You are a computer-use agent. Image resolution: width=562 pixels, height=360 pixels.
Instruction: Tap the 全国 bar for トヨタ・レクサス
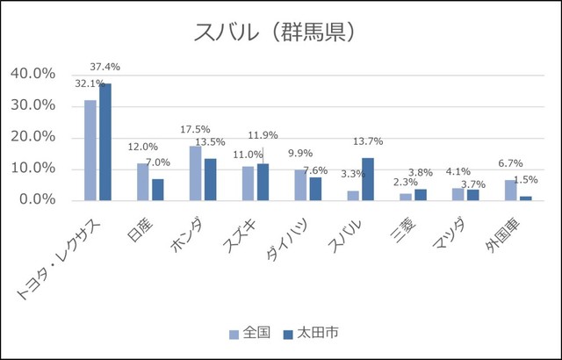pyautogui.click(x=90, y=150)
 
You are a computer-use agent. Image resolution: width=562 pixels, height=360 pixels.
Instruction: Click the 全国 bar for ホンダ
pyautogui.click(x=196, y=173)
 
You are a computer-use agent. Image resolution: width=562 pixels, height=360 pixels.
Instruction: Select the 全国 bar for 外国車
pyautogui.click(x=511, y=190)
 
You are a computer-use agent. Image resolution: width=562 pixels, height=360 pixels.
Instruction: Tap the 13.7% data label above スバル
pyautogui.click(x=368, y=142)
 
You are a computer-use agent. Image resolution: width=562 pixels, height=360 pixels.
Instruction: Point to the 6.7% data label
pyautogui.click(x=509, y=163)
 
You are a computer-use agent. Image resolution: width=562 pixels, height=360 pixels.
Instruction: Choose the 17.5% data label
pyautogui.click(x=194, y=129)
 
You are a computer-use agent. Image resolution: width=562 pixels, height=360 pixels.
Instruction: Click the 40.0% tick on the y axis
pyautogui.click(x=34, y=74)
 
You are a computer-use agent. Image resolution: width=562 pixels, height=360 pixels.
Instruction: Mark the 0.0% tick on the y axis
pyautogui.click(x=38, y=200)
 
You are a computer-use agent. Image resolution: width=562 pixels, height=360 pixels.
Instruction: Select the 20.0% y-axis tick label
pyautogui.click(x=34, y=137)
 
